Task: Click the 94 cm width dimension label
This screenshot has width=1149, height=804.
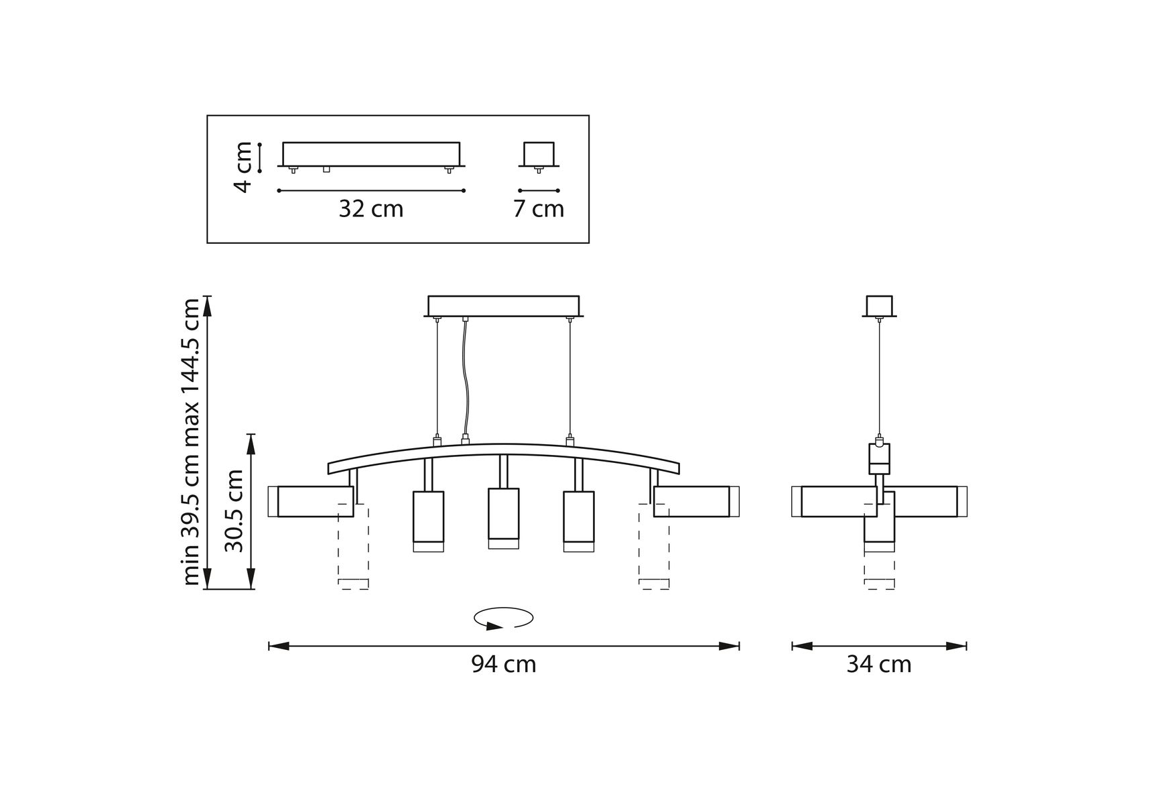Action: click(503, 664)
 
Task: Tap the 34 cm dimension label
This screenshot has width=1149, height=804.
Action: click(878, 664)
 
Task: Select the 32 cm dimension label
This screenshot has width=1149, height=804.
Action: click(371, 209)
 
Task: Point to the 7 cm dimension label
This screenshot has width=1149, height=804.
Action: click(539, 209)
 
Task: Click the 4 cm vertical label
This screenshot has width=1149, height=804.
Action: click(243, 167)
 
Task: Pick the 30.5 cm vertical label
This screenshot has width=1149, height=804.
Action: click(234, 511)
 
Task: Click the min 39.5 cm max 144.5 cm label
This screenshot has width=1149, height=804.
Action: click(191, 442)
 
